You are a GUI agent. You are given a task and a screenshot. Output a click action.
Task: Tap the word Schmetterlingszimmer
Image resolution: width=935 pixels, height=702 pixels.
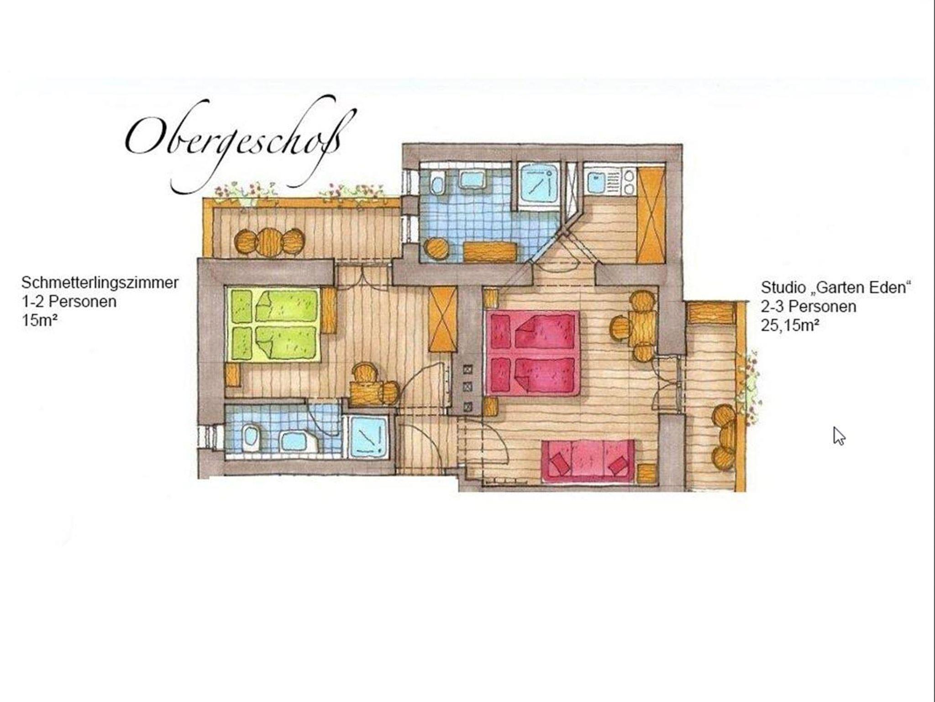click(100, 283)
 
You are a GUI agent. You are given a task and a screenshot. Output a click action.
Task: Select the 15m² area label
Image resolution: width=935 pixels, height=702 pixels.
click(39, 320)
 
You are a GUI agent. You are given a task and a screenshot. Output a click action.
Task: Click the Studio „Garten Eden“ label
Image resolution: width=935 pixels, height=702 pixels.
click(835, 288)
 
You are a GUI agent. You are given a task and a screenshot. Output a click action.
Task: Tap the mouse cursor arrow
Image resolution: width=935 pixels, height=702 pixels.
click(839, 436)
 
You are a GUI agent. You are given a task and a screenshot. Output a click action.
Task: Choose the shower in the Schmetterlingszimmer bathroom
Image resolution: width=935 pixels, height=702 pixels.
click(368, 437)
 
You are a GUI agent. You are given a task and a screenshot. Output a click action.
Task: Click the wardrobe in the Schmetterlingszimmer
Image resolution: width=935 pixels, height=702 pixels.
click(443, 319)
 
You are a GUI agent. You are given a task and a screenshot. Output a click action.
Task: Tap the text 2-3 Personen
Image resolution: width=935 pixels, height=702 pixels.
click(808, 307)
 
